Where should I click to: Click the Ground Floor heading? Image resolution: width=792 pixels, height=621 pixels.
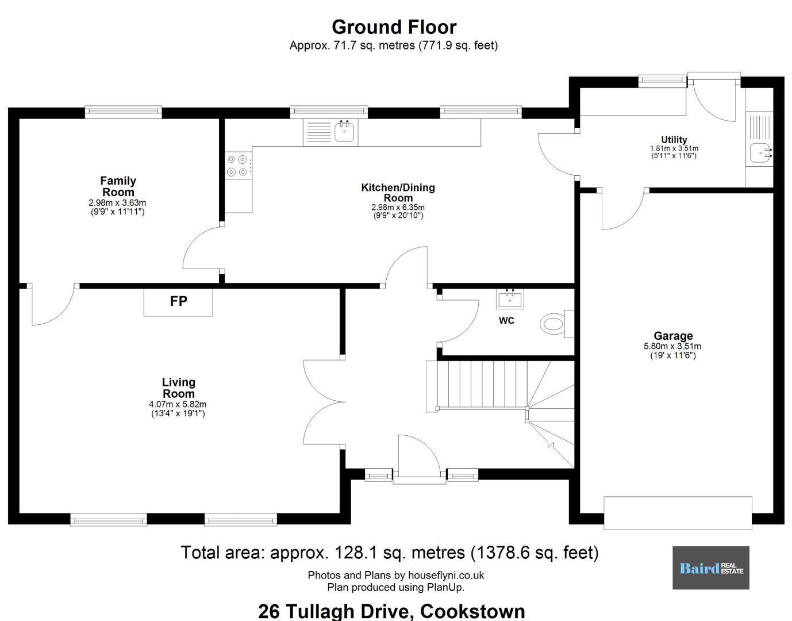[394, 27]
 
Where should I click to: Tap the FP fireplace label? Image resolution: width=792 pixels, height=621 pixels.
[179, 301]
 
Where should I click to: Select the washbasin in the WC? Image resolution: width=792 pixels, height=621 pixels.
[510, 298]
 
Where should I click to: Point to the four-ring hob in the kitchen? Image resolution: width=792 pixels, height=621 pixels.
[237, 166]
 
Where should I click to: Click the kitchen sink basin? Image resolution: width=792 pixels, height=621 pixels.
[344, 132]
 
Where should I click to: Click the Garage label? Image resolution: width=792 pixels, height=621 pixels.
[673, 335]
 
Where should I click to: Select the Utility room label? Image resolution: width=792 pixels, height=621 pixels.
[674, 140]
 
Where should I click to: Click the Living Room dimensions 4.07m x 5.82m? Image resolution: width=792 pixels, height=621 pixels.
[178, 404]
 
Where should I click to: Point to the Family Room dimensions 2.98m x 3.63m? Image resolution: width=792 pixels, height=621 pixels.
[117, 203]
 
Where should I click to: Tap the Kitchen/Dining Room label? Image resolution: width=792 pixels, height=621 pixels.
[398, 193]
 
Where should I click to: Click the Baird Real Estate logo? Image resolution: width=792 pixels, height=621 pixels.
[711, 568]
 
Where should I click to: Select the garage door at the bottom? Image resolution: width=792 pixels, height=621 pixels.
[678, 513]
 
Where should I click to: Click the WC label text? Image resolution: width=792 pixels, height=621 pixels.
[506, 320]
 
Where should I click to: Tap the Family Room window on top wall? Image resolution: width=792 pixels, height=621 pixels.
[123, 112]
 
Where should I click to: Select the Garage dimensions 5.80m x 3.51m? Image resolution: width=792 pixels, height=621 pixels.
[672, 346]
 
